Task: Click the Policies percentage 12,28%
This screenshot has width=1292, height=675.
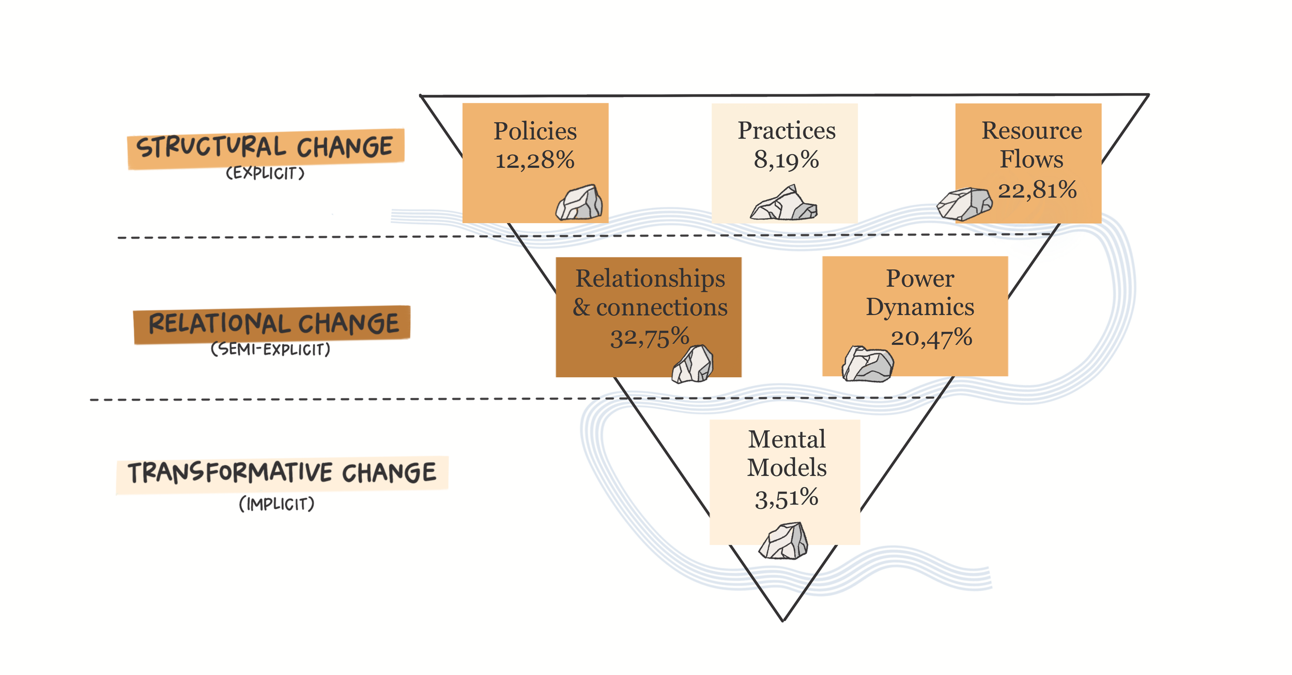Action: click(535, 160)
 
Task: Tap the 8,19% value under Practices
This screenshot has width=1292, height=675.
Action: click(786, 160)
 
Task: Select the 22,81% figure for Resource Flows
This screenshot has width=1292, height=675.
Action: click(1037, 190)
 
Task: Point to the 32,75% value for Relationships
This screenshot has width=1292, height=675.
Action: click(650, 337)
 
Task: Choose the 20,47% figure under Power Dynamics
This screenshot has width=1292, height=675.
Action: click(931, 337)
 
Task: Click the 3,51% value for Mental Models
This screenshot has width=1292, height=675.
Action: click(786, 498)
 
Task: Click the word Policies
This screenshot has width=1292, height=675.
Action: click(535, 131)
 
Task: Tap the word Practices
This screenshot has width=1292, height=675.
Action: click(786, 130)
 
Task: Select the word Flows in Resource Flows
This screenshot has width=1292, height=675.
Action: click(1031, 159)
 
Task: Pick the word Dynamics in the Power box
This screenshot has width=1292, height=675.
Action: click(920, 307)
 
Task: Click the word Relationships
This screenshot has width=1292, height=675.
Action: click(650, 279)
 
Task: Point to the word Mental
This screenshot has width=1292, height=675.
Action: click(787, 439)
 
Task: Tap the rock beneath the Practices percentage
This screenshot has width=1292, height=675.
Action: click(783, 204)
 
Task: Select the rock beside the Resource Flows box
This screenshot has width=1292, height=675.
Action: click(964, 204)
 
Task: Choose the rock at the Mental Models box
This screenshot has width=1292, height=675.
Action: click(783, 541)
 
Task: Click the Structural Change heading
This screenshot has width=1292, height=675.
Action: click(265, 147)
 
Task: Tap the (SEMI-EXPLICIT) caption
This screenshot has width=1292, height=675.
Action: click(270, 349)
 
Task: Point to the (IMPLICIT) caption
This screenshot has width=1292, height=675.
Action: click(276, 504)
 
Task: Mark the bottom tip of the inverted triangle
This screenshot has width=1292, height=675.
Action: click(783, 620)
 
